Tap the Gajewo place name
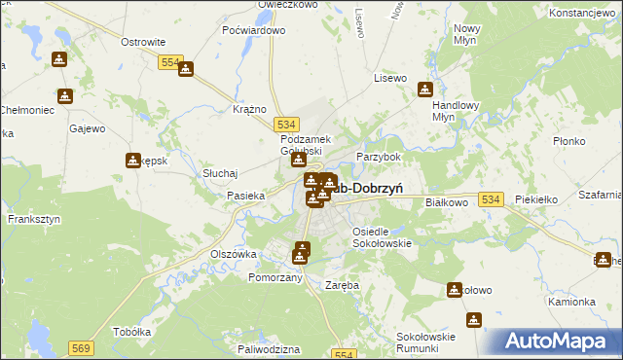(x=87, y=128)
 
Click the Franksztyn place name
(x=34, y=220)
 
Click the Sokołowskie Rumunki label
(x=426, y=342)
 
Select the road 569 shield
(x=80, y=346)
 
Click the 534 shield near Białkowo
(x=491, y=198)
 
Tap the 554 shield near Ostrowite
(x=170, y=61)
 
